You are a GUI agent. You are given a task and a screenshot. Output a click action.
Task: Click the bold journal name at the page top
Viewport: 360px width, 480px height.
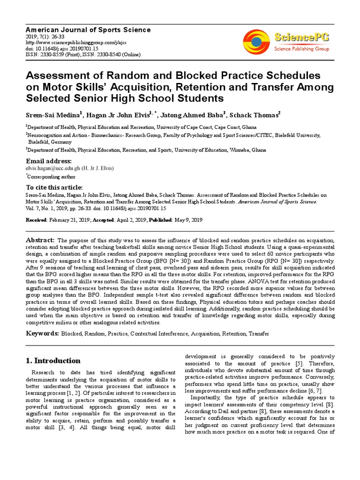[88, 30]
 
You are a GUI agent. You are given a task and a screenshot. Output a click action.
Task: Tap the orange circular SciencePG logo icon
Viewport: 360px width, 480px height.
[256, 40]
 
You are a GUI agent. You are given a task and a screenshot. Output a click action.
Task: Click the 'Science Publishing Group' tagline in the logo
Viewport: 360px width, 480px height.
[301, 49]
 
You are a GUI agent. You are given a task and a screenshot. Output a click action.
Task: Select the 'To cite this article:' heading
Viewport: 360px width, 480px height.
[53, 187]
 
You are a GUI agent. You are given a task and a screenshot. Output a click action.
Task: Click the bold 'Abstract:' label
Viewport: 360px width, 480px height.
[40, 239]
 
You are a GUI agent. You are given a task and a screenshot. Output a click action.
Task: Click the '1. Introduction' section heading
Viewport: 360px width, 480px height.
[52, 360]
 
